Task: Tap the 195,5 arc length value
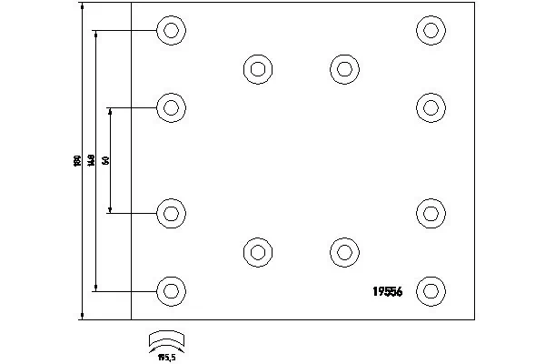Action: click(x=166, y=356)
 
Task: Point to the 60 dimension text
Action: click(x=106, y=160)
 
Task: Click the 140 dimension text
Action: click(x=92, y=160)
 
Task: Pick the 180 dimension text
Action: click(x=77, y=161)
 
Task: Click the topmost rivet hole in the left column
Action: click(x=170, y=30)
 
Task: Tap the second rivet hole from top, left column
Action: click(x=170, y=108)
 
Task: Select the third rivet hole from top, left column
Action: click(x=170, y=213)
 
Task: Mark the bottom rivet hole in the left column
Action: click(x=170, y=291)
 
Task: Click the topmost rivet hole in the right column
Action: click(x=431, y=30)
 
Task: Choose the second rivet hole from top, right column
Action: click(x=431, y=108)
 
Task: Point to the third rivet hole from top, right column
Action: click(x=431, y=213)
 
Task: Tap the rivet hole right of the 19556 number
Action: click(x=431, y=291)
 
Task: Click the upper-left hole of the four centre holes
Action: click(x=258, y=68)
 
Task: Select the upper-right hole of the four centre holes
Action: click(x=343, y=68)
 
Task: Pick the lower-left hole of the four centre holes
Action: click(x=258, y=252)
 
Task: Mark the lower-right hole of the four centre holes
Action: click(x=343, y=252)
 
